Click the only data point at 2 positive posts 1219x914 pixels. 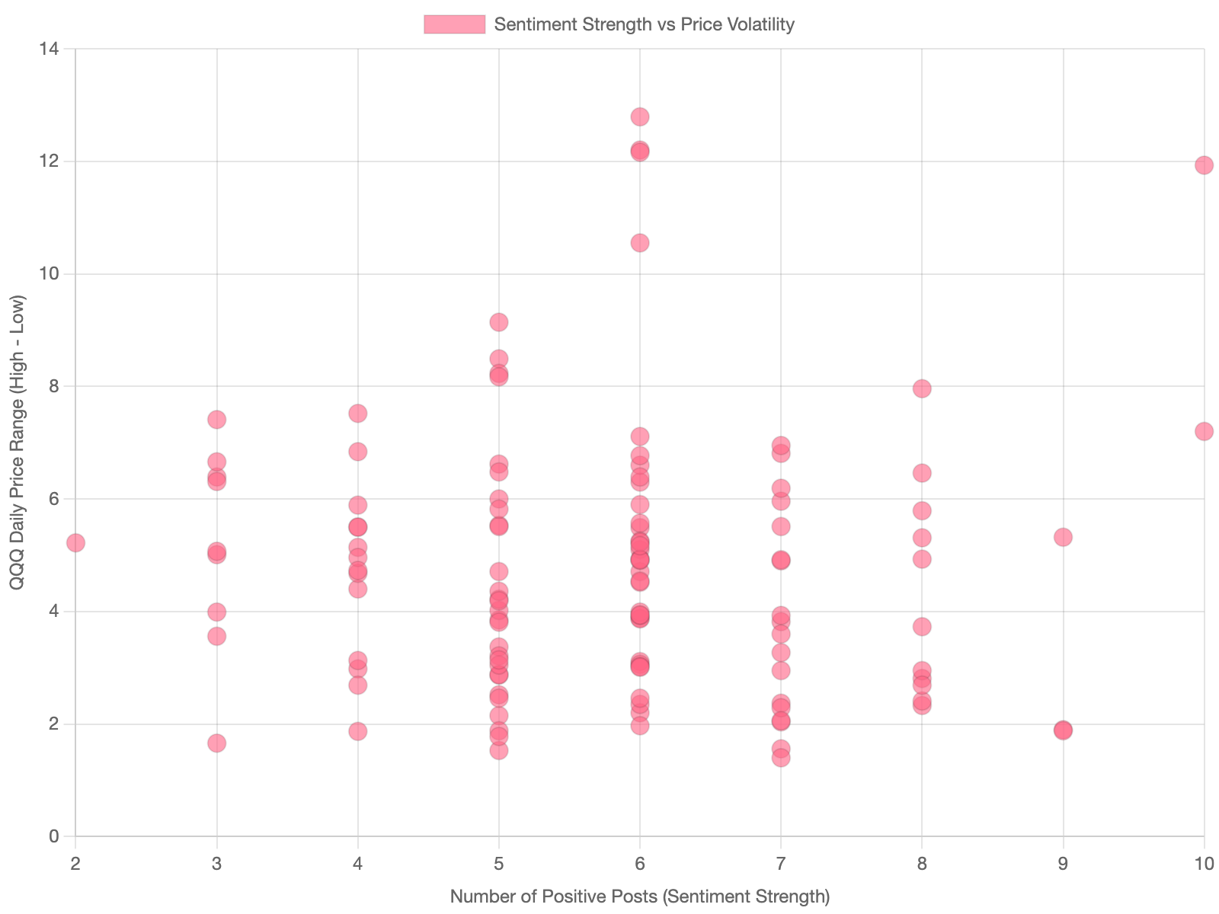(75, 543)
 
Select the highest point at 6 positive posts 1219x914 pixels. (640, 117)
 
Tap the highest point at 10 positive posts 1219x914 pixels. (1204, 165)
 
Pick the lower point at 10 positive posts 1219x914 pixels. (1204, 431)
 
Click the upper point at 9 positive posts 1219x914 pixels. (1063, 537)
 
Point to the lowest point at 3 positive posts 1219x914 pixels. (217, 743)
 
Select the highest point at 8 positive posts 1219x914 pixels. (922, 389)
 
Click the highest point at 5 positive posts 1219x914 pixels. (499, 322)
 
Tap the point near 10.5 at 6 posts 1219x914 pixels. (640, 243)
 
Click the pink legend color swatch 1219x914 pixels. (454, 24)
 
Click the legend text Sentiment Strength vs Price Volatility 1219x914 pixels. (644, 24)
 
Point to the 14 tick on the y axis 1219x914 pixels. (50, 49)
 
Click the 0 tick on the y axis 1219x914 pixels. (53, 836)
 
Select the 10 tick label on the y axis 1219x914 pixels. (50, 273)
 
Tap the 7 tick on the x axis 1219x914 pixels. (781, 864)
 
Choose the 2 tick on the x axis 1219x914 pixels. (75, 864)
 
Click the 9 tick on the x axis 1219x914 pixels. (1063, 864)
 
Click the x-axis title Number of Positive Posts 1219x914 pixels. (640, 896)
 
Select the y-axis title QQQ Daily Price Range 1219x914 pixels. (17, 442)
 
